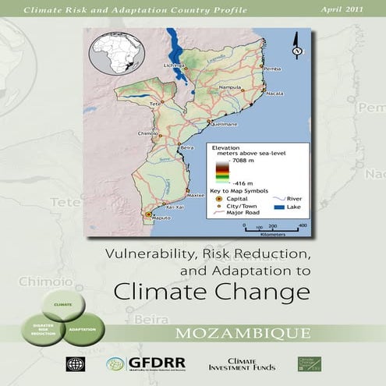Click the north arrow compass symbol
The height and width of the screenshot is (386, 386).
(x=296, y=46)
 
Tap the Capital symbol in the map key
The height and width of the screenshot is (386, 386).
(x=219, y=198)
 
